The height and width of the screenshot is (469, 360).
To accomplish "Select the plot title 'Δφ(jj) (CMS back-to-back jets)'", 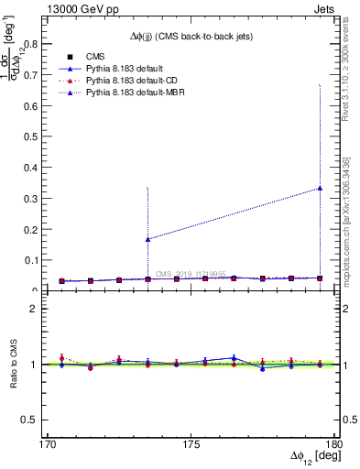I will [189, 36].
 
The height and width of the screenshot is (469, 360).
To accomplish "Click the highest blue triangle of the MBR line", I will [320, 188].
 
